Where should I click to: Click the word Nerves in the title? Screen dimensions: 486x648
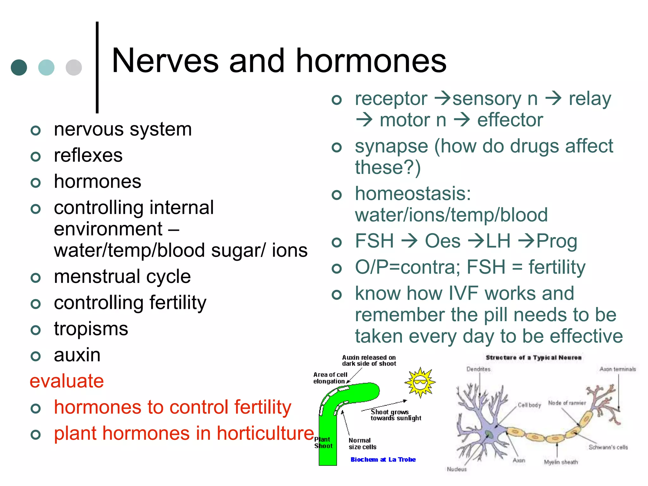pos(165,61)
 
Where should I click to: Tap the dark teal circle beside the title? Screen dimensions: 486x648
pos(19,67)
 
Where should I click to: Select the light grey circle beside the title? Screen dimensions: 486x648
pos(74,67)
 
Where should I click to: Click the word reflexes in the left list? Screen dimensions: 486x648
pos(88,155)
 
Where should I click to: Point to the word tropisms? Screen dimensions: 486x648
pos(91,329)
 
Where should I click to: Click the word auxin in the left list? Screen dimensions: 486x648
pos(77,355)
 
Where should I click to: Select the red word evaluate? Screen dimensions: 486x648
pos(66,381)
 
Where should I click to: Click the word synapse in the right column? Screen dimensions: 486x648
pos(391,146)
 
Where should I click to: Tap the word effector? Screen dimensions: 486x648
pos(510,120)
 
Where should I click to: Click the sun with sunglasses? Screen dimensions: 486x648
pos(420,382)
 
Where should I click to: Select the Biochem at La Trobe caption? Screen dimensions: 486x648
pos(383,459)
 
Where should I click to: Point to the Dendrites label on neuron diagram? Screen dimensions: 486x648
pos(478,369)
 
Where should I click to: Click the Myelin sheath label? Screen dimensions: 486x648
pos(561,462)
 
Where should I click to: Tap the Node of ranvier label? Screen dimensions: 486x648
pos(567,403)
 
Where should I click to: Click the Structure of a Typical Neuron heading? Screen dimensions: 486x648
pos(533,358)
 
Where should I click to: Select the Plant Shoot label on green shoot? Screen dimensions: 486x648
pos(323,443)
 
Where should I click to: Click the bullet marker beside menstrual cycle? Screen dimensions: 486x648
pos(36,278)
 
